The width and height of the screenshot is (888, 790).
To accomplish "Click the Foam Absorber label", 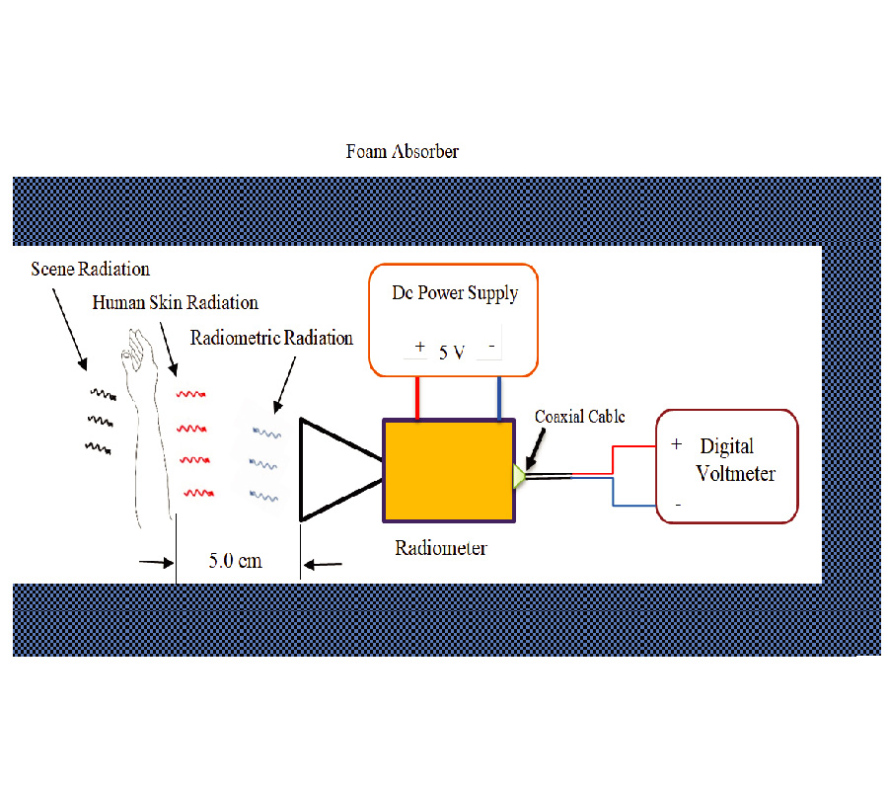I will click(x=402, y=152).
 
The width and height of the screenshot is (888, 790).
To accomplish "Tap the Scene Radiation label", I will click(x=90, y=269).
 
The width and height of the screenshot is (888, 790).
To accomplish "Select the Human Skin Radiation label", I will click(x=175, y=303).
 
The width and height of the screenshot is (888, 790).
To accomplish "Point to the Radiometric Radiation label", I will click(x=271, y=339).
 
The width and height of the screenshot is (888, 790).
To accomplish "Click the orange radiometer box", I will click(x=449, y=471).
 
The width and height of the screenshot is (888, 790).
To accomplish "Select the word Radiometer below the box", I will click(x=440, y=548).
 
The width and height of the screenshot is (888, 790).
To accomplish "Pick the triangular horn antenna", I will click(x=331, y=469).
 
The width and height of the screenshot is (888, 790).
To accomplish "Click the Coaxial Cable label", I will click(x=580, y=417).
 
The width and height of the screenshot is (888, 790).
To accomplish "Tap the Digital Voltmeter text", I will click(x=735, y=460).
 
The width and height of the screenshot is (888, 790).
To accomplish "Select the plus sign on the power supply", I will click(x=419, y=347).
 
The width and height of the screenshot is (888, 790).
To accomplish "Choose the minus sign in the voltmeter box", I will click(x=677, y=504).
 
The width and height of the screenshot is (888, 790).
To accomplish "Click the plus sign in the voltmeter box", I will click(x=676, y=445).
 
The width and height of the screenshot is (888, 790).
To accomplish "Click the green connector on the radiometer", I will click(x=518, y=477).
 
